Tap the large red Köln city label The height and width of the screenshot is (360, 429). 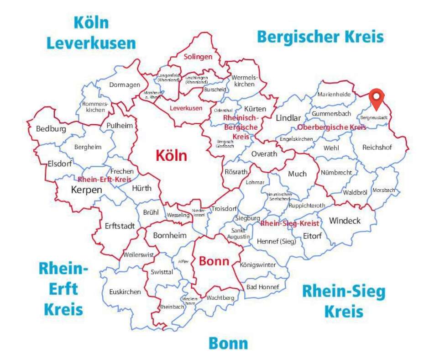[171, 156]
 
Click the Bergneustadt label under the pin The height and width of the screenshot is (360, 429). [374, 117]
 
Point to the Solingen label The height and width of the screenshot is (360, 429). [198, 57]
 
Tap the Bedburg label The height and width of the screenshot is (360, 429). [51, 129]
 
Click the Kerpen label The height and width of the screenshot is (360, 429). [86, 190]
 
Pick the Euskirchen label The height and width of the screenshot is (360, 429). [125, 292]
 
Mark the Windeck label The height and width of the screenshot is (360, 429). [345, 221]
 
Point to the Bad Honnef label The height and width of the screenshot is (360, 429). [259, 287]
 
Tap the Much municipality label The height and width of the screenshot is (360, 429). [297, 174]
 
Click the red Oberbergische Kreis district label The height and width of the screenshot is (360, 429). [331, 127]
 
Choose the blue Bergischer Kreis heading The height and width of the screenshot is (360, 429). [320, 36]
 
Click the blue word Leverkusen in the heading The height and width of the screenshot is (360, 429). [91, 43]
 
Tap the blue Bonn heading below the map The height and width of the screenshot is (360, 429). [228, 343]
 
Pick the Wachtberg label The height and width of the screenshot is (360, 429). [220, 298]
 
